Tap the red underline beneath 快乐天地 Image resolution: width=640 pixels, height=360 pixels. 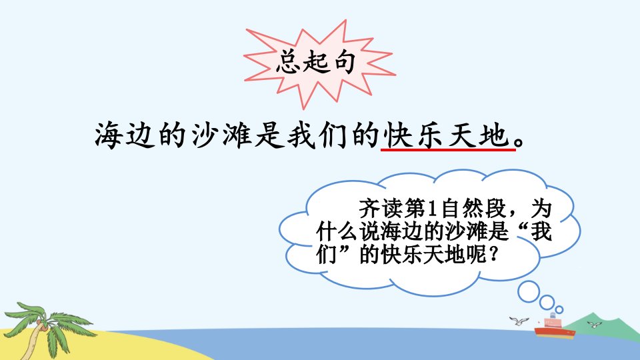tap(448, 150)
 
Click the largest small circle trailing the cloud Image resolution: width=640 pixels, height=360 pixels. tap(529, 291)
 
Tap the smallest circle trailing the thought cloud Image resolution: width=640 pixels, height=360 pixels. tap(559, 309)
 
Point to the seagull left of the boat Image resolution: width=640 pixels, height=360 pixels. tap(519, 321)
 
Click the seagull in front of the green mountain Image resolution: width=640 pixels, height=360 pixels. tap(594, 325)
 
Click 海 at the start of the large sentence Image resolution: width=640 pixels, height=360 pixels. tap(109, 135)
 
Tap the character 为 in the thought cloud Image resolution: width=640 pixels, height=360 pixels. tap(541, 209)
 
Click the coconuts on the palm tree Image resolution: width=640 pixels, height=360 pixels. tap(41, 325)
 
